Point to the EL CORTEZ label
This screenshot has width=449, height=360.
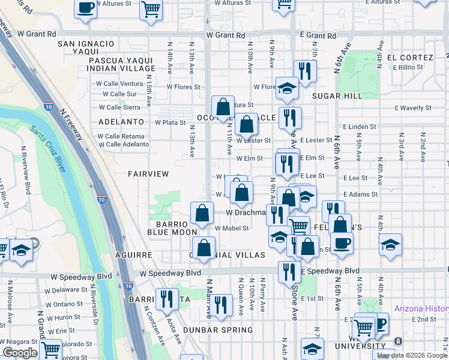410,58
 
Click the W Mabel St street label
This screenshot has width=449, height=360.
232,228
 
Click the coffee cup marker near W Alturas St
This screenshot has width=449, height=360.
85,8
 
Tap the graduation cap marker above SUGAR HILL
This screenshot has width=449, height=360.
287,88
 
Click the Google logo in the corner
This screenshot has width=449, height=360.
20,352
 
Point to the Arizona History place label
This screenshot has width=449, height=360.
421,309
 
